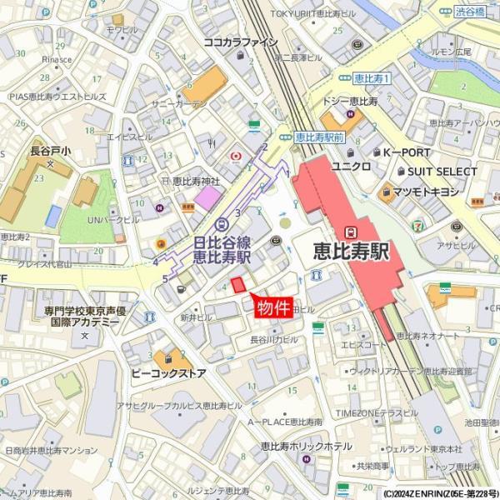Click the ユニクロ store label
pos(351,166)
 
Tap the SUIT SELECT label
pos(442,172)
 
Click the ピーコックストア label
pos(168,373)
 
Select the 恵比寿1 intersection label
pos(372,78)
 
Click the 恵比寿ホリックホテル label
pos(303,447)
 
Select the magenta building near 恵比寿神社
pos(208,198)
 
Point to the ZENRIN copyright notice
pos(440,493)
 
